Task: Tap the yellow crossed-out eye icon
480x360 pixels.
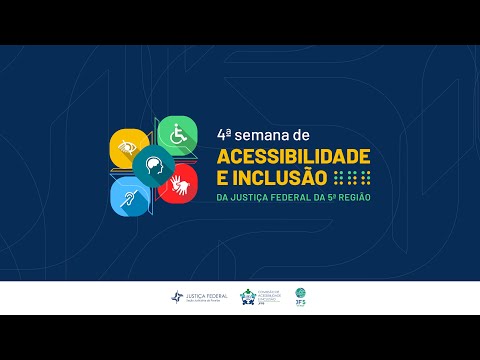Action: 129,148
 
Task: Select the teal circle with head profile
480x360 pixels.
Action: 154,165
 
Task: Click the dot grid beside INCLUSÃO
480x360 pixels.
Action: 352,178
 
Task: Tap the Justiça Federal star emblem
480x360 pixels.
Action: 177,297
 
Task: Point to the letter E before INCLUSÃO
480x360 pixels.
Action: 222,178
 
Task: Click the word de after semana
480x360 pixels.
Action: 304,133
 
